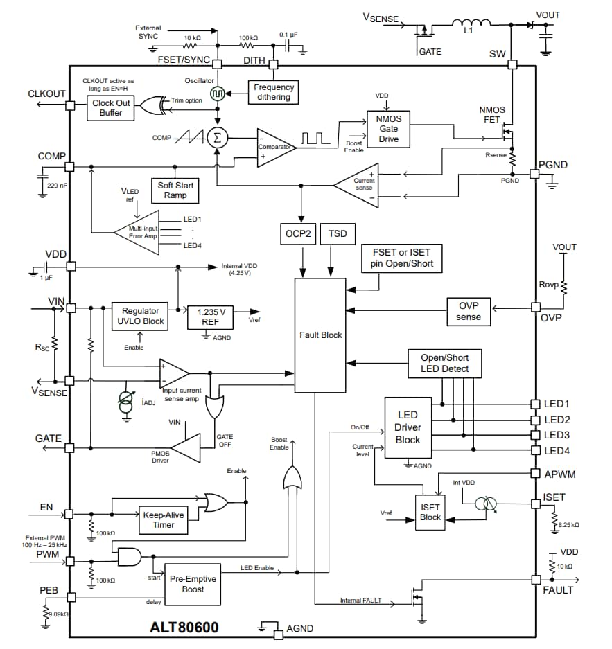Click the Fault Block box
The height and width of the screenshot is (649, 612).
[x=320, y=335]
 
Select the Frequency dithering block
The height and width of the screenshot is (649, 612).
[x=273, y=92]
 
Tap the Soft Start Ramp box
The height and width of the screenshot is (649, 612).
[x=175, y=190]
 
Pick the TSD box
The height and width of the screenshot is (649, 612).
[x=338, y=234]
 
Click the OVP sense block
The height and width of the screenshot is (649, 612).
[x=468, y=312]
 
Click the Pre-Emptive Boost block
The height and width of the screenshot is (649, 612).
[x=193, y=584]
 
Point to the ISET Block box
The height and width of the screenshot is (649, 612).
[x=430, y=513]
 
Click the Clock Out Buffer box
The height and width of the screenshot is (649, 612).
[x=111, y=107]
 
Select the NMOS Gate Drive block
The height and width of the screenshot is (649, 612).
[x=388, y=129]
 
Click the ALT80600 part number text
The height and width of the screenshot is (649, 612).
[x=184, y=628]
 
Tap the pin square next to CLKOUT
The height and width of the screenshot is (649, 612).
[x=70, y=105]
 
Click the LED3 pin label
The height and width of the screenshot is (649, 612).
[x=557, y=435]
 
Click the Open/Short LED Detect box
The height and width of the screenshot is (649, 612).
[x=444, y=363]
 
